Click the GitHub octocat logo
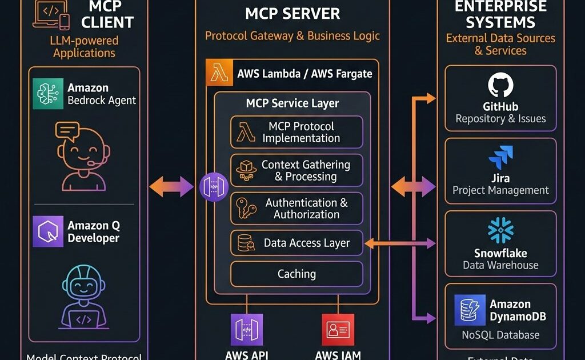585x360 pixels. tap(500, 86)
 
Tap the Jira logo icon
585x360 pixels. tap(500, 158)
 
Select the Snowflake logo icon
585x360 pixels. tap(500, 230)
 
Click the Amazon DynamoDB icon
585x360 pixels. tap(470, 310)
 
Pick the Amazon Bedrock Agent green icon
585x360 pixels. tap(48, 94)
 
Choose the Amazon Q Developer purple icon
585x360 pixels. tap(48, 231)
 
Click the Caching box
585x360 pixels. tap(296, 274)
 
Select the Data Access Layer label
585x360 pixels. tap(306, 243)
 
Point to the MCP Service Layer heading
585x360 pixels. tap(292, 103)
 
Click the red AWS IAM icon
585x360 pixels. tap(338, 330)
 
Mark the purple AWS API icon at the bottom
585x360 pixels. tap(246, 330)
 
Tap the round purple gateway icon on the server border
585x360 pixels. tap(214, 187)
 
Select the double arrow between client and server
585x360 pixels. tap(171, 186)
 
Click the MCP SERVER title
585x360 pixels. tap(292, 14)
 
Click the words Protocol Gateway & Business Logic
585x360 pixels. tap(292, 36)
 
